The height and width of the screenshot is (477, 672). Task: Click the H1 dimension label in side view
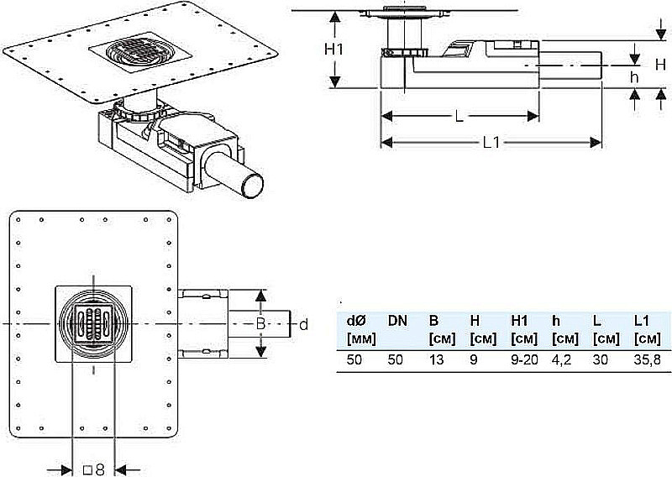pyautogui.click(x=333, y=50)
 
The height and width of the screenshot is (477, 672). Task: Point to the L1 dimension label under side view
pyautogui.click(x=491, y=143)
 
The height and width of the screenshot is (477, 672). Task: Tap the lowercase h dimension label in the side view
pyautogui.click(x=634, y=77)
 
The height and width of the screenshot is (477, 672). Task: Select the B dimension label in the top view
pyautogui.click(x=260, y=323)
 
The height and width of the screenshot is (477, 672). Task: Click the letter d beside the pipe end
pyautogui.click(x=303, y=325)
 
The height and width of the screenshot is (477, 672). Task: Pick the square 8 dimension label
pyautogui.click(x=94, y=469)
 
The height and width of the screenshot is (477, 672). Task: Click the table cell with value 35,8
pyautogui.click(x=647, y=360)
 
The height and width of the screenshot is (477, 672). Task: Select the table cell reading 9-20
pyautogui.click(x=524, y=359)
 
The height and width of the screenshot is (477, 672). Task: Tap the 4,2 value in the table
pyautogui.click(x=561, y=360)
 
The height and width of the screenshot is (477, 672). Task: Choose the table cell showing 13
pyautogui.click(x=436, y=359)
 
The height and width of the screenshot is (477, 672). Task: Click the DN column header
pyautogui.click(x=397, y=321)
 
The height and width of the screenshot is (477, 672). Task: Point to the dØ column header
pyautogui.click(x=356, y=321)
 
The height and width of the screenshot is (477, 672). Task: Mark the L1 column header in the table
pyautogui.click(x=643, y=321)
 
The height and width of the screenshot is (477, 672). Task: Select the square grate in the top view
pyautogui.click(x=94, y=323)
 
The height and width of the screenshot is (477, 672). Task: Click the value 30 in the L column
pyautogui.click(x=600, y=359)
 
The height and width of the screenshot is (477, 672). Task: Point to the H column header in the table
pyautogui.click(x=475, y=321)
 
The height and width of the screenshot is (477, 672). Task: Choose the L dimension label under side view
pyautogui.click(x=459, y=116)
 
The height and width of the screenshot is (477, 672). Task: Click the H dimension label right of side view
pyautogui.click(x=660, y=65)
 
